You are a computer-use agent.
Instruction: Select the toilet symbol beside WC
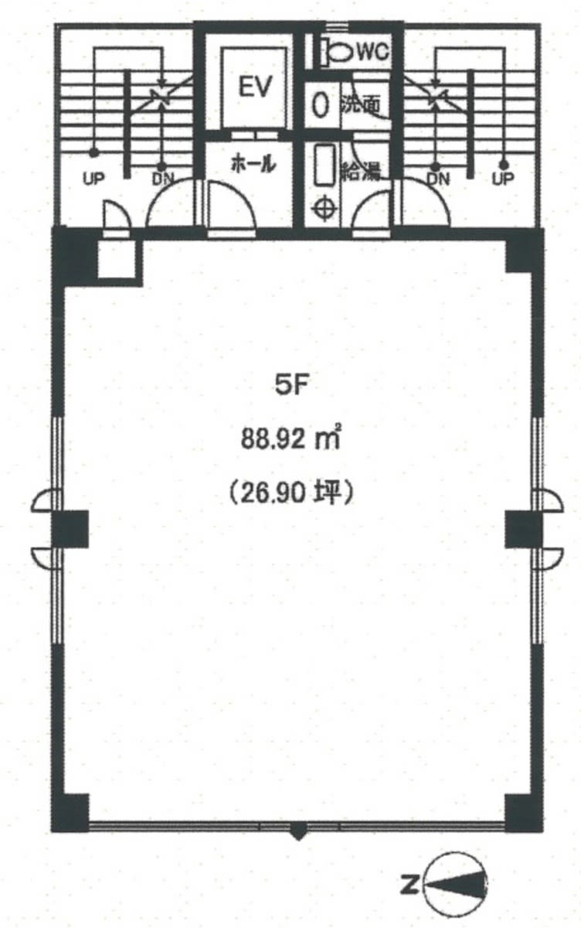click(x=338, y=53)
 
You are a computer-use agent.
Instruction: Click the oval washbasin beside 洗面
click(x=320, y=105)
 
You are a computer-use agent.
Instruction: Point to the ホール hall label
click(x=253, y=164)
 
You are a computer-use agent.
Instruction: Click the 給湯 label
click(x=360, y=171)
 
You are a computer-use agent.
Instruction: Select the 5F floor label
click(x=293, y=386)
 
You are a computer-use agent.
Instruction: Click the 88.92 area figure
click(x=273, y=438)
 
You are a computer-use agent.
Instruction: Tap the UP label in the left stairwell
click(x=93, y=179)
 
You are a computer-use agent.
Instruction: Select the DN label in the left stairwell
click(x=162, y=179)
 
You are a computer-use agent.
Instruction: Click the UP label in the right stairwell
click(x=503, y=179)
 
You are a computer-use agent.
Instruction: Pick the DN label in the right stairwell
click(x=438, y=179)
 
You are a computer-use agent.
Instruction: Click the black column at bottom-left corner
click(x=70, y=813)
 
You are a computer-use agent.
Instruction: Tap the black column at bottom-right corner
click(x=524, y=813)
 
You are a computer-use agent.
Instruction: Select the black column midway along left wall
click(x=70, y=529)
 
